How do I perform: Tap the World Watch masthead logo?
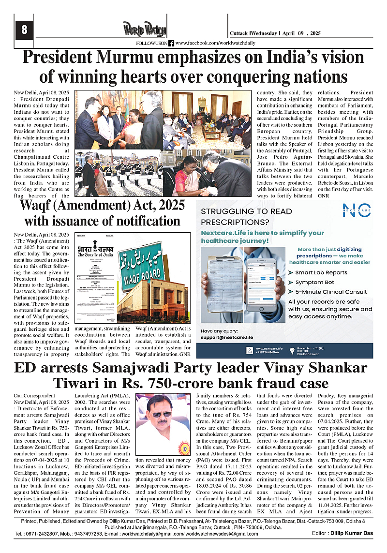tap(145, 30)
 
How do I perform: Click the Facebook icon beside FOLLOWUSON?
tap(171, 43)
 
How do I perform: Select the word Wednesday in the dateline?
tap(264, 33)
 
